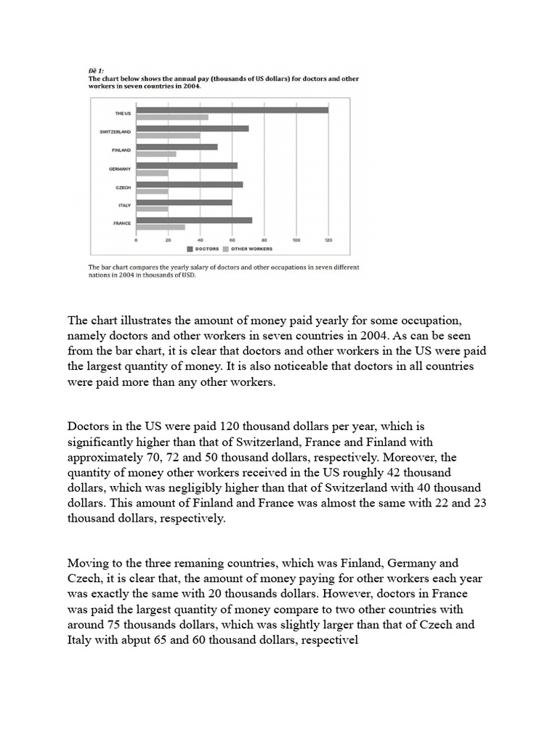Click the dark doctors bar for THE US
tap(232, 110)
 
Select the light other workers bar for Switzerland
tap(168, 136)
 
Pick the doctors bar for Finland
tap(177, 147)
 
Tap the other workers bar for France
tap(161, 227)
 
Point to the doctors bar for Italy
tap(184, 202)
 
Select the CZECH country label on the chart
tap(122, 187)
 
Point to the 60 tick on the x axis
tap(232, 239)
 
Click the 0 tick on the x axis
tap(137, 239)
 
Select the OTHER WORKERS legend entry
tap(251, 248)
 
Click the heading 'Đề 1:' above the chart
tap(96, 70)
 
